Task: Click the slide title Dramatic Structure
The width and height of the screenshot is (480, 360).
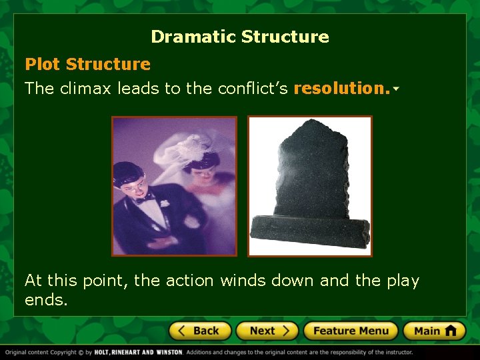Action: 240,37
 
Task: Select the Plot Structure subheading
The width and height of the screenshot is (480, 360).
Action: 87,65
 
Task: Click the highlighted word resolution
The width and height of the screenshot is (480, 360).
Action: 341,89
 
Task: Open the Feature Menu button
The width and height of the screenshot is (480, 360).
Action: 350,331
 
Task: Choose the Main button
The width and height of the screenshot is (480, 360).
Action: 433,331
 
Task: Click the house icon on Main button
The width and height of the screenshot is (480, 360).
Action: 451,330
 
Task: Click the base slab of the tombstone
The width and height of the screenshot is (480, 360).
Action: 309,230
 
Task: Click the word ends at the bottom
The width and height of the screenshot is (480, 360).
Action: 46,301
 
